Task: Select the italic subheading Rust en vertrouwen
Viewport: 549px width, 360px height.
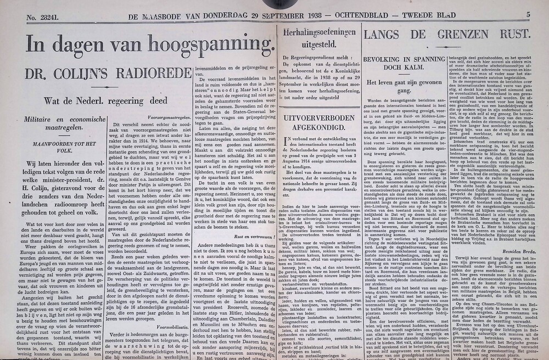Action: click(255, 237)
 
